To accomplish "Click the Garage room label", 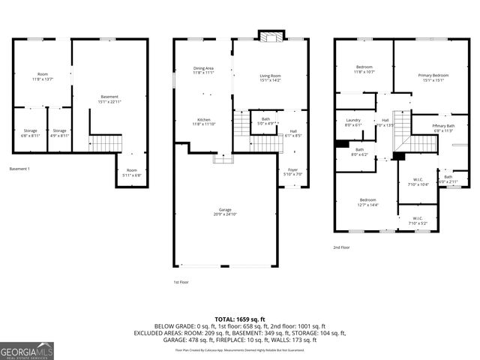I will [x=225, y=211].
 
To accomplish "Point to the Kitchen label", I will [x=204, y=121].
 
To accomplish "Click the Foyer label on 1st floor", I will [x=292, y=172].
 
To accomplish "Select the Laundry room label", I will [x=353, y=123].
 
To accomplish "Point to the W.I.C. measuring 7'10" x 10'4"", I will [x=419, y=181].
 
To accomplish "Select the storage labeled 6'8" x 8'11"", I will [x=30, y=133].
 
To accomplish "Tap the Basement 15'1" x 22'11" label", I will [x=109, y=99].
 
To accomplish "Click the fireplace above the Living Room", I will [x=269, y=37].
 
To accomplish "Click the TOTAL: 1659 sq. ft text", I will [x=239, y=319].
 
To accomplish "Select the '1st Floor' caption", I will [x=181, y=281].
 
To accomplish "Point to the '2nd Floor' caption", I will [x=341, y=247].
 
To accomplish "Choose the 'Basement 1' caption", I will [x=19, y=168].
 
